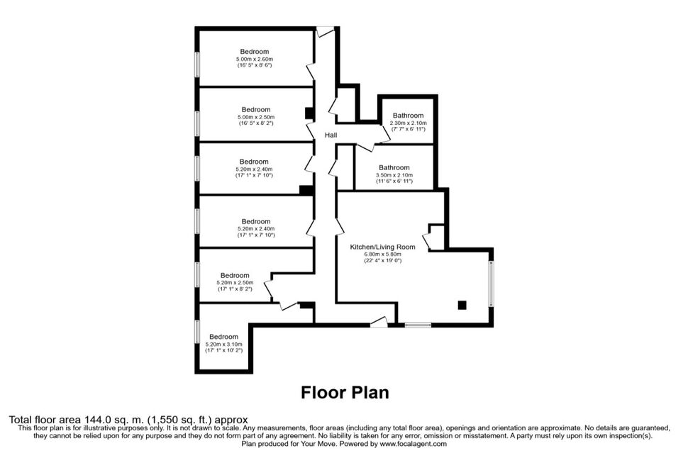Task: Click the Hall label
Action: (x=331, y=135)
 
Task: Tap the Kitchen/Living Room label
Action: (x=382, y=247)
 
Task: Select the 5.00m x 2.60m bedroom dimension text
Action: (x=255, y=59)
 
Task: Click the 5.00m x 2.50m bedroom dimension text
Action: (x=256, y=117)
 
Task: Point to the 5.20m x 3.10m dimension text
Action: (x=223, y=345)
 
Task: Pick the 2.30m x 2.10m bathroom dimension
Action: (x=408, y=123)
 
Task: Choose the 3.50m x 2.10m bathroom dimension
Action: (x=394, y=175)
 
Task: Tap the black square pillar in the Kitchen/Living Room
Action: (x=462, y=305)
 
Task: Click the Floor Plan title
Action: (x=345, y=392)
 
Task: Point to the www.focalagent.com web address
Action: (x=414, y=444)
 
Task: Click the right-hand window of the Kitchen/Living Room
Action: (x=492, y=284)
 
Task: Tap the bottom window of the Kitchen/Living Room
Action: (x=418, y=325)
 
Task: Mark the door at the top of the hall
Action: (x=326, y=32)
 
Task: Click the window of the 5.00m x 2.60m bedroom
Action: (x=197, y=65)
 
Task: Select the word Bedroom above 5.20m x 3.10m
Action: (x=223, y=337)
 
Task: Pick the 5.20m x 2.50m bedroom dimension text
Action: (x=235, y=283)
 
